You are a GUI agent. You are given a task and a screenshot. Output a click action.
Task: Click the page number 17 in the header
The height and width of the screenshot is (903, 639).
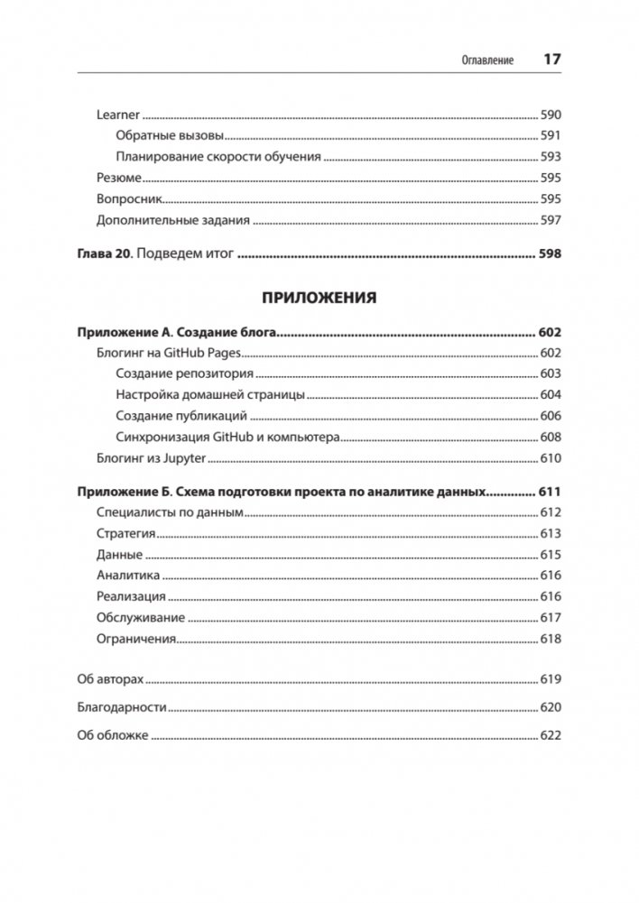[x=551, y=60]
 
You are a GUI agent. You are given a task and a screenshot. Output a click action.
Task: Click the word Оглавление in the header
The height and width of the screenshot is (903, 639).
[x=487, y=60]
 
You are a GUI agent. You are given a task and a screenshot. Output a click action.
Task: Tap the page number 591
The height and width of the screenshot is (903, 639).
[x=551, y=136]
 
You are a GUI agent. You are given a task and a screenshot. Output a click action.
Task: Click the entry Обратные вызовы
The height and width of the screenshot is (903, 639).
[x=170, y=136]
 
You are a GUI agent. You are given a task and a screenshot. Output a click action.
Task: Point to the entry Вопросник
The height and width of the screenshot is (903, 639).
[x=128, y=198]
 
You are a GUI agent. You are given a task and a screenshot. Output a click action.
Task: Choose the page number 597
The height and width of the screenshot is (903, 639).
[x=551, y=219]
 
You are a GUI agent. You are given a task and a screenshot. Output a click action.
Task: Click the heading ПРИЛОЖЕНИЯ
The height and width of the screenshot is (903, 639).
[x=319, y=297]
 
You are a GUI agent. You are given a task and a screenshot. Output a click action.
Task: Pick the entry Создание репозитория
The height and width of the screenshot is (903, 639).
[x=185, y=373]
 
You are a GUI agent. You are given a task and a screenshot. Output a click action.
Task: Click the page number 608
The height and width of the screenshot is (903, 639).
[x=551, y=437]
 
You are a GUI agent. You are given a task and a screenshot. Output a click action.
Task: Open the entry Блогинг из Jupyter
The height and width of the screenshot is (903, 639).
[x=152, y=458]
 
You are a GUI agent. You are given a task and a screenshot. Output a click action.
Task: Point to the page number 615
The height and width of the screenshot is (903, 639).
[x=551, y=555]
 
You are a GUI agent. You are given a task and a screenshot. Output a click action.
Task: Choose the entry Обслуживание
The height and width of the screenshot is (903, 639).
[x=140, y=618]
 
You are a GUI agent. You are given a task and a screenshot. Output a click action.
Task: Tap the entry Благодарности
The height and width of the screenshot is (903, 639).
[x=122, y=708]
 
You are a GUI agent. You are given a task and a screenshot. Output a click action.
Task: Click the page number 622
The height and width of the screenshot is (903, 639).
[x=551, y=736]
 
